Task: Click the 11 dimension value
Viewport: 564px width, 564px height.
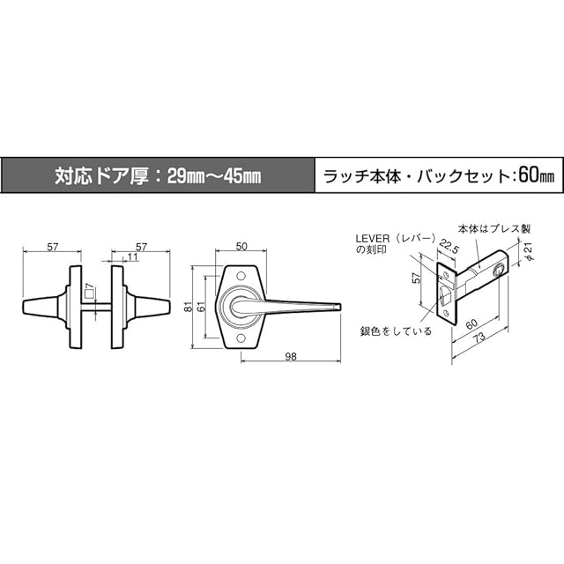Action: click(x=132, y=256)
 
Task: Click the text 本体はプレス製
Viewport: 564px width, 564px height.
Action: click(x=497, y=228)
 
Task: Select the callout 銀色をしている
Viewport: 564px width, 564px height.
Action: click(x=396, y=331)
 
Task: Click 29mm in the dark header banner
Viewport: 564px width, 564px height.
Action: click(x=174, y=174)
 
